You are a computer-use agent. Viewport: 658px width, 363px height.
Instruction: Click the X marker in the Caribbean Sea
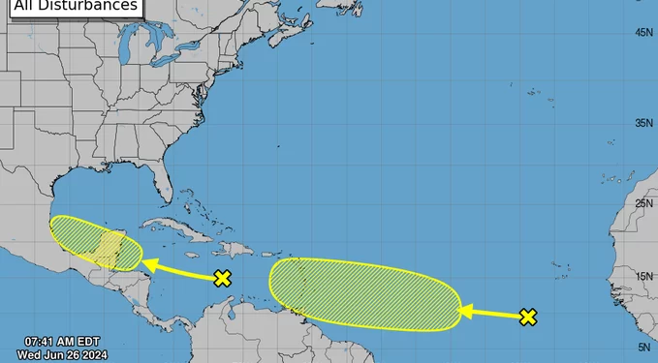click(223, 279)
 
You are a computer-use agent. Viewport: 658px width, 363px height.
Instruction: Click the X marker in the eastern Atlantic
click(528, 317)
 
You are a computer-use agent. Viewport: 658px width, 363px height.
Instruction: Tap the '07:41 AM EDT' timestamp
click(66, 342)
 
